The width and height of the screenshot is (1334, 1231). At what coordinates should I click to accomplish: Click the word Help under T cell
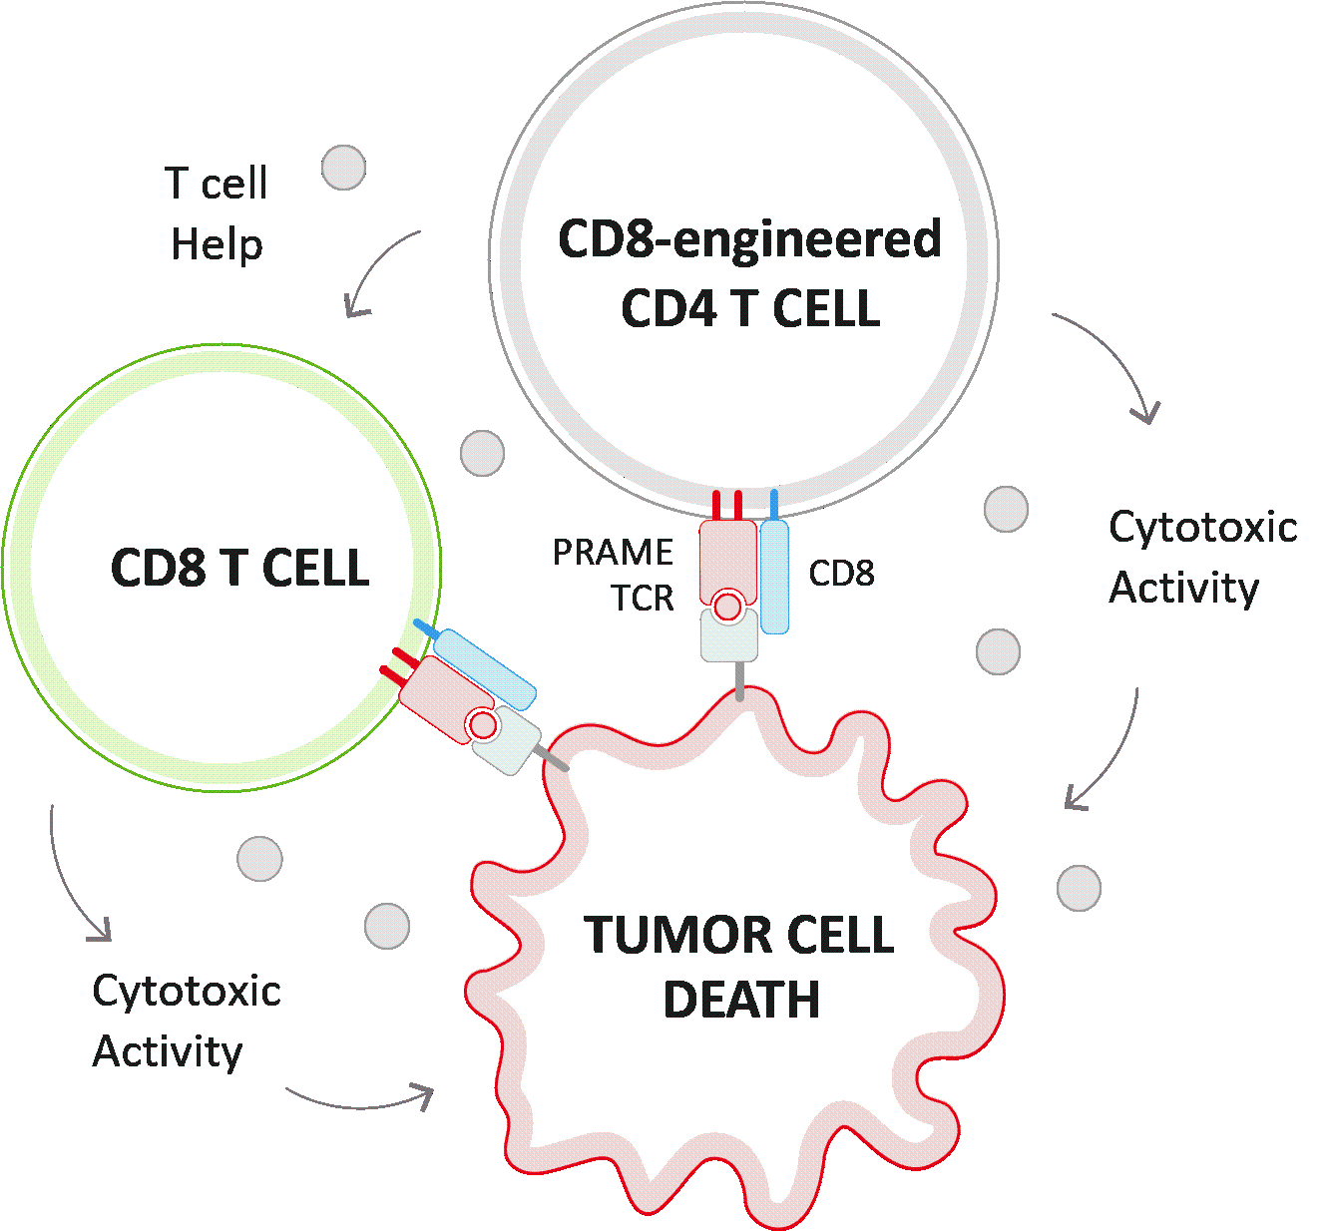click(217, 244)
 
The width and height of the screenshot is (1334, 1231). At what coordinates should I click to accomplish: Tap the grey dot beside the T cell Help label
click(344, 168)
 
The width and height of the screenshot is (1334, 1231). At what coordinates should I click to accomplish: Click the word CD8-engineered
click(749, 239)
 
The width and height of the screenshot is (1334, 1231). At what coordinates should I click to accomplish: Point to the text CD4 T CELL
click(750, 308)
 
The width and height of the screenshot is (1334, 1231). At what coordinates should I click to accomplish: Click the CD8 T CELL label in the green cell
click(239, 568)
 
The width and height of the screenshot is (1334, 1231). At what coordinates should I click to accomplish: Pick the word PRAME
click(613, 552)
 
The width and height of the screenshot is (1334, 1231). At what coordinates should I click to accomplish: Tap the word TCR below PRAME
click(643, 598)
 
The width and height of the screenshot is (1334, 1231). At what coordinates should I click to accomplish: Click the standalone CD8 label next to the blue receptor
click(841, 574)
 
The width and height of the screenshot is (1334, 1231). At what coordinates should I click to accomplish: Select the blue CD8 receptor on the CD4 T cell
click(774, 576)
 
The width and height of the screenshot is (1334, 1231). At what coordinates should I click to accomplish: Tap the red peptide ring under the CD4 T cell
click(728, 605)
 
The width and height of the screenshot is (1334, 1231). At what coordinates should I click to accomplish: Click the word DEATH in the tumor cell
click(741, 1000)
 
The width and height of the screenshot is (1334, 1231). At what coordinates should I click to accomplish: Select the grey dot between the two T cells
click(483, 453)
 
